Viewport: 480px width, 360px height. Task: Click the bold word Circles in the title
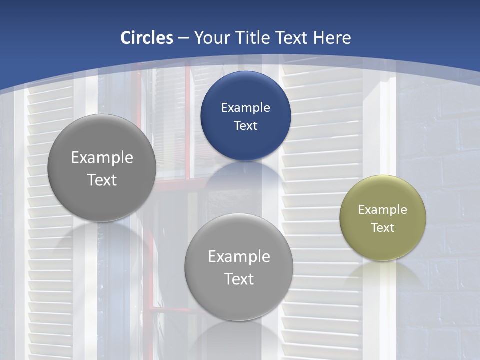click(x=147, y=38)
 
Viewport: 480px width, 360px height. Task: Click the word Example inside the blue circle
click(x=245, y=107)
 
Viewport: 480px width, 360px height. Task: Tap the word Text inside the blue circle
click(x=245, y=125)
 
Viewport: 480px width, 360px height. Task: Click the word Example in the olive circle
click(x=383, y=209)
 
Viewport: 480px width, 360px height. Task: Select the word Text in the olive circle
click(x=383, y=227)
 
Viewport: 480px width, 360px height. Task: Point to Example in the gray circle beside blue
click(x=102, y=157)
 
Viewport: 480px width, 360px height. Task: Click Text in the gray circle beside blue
click(x=102, y=180)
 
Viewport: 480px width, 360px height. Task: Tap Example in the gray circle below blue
click(x=239, y=256)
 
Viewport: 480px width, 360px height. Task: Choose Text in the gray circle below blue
click(x=239, y=279)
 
